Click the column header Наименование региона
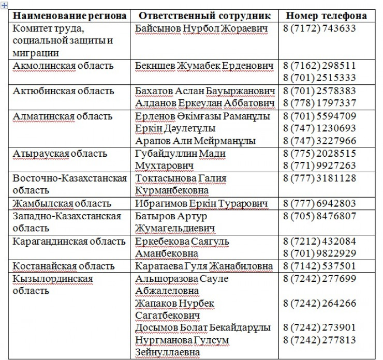point(70,16)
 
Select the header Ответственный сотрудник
point(205,16)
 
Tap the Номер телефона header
point(326,16)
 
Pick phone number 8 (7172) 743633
point(319,29)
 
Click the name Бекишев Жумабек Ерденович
point(204,66)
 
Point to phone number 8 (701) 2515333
point(319,78)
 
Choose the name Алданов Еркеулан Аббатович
point(204,103)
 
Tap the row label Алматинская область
point(62,116)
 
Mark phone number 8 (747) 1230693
point(319,128)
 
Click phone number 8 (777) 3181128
point(319,178)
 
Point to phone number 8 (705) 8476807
point(319,216)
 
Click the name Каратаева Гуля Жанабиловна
point(204,266)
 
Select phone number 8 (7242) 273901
point(319,328)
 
